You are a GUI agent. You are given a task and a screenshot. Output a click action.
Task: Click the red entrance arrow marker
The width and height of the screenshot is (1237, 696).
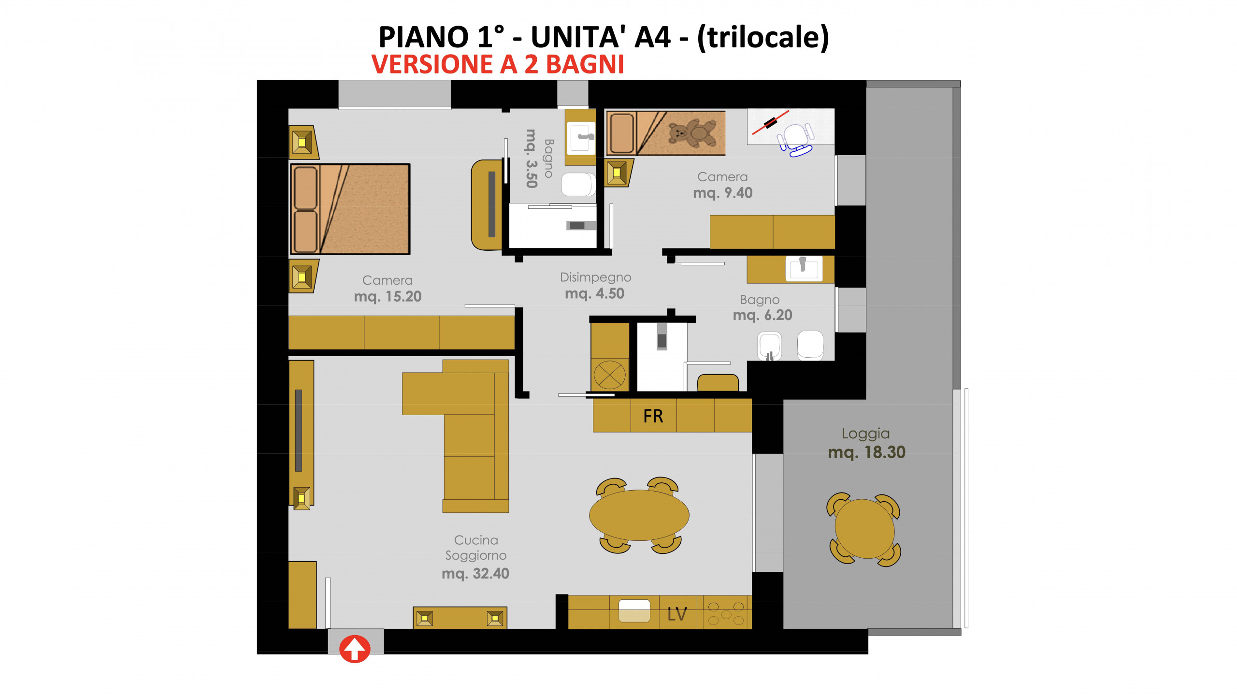pos(355,649)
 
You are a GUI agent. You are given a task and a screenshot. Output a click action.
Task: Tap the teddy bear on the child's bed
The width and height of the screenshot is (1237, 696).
pos(692,133)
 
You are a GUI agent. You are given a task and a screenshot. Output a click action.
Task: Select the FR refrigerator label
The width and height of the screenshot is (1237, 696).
pos(653,416)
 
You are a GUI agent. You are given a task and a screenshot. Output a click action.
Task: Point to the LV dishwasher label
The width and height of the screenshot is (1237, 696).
pos(677,614)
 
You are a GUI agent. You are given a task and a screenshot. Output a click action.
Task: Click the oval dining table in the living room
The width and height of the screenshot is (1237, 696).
pos(639,515)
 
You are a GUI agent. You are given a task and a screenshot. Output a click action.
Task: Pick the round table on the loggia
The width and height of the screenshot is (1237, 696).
pos(864,529)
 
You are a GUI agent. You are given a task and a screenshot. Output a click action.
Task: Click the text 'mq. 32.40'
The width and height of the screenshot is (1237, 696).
pos(475,574)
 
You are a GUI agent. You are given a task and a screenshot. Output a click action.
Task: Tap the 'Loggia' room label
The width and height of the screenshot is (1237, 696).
pos(865,434)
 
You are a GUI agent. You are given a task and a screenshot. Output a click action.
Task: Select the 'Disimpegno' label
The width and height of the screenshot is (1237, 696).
pos(595,277)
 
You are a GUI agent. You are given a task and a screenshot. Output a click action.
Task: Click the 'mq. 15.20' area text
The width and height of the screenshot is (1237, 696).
pos(388,296)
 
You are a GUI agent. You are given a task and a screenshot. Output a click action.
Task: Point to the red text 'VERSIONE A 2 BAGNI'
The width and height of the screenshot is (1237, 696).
pos(498,64)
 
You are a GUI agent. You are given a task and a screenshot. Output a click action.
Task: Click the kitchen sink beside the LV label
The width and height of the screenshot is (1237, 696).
pos(634,611)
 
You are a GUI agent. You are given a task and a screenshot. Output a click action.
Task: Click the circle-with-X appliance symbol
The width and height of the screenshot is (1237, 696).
pos(609,375)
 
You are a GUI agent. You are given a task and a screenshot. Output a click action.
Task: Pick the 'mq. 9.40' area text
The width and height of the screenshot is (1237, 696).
pos(723,193)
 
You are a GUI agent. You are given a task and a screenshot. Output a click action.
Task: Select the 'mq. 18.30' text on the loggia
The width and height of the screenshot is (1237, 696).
pos(867,452)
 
